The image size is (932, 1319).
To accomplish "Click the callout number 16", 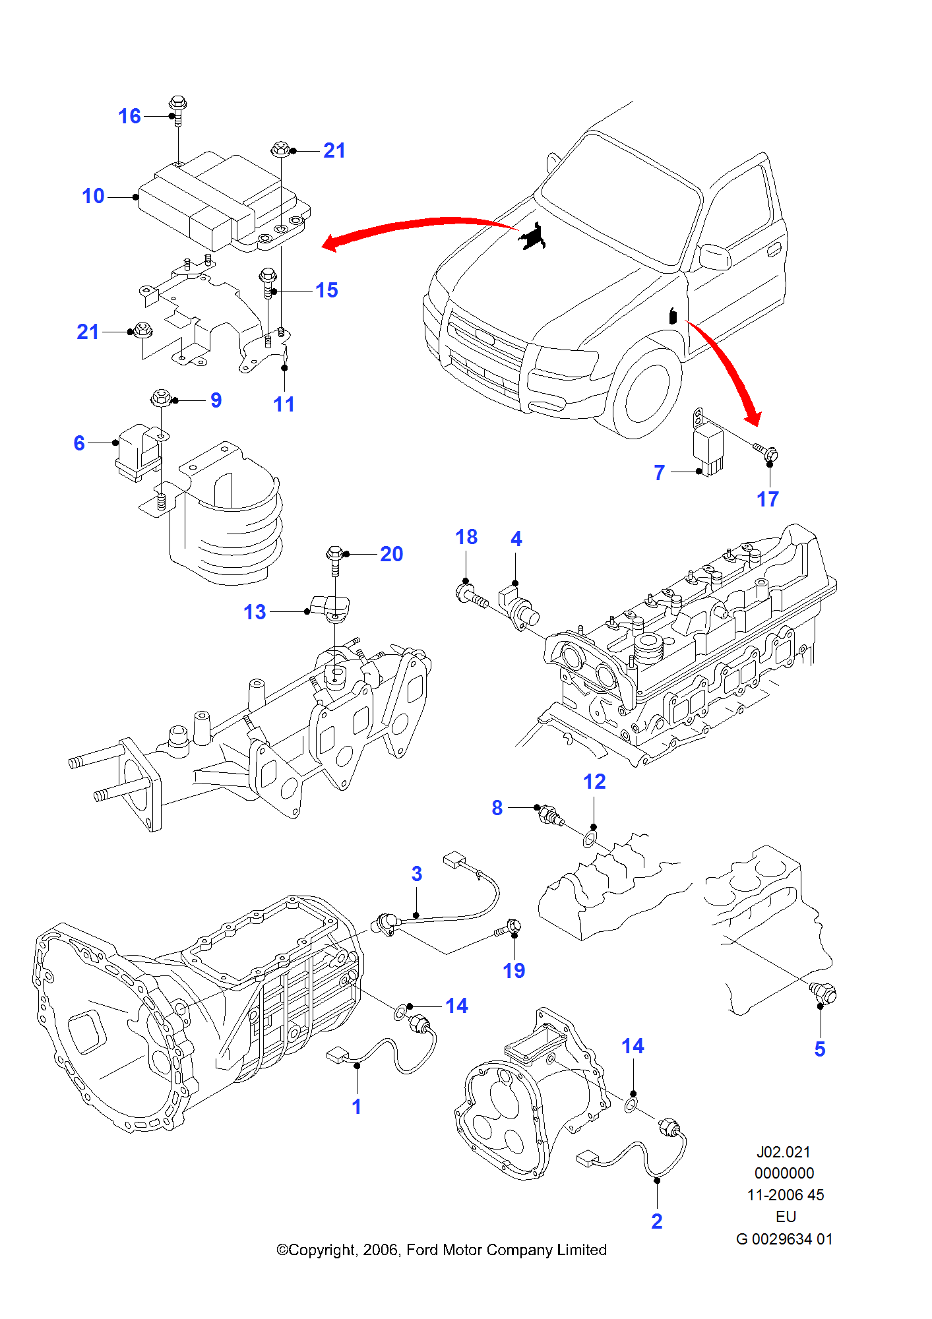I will [x=129, y=117].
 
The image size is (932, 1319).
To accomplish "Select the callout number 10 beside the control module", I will [x=93, y=197].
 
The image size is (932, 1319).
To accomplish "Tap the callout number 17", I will [x=767, y=499].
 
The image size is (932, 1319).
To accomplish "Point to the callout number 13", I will [x=255, y=612].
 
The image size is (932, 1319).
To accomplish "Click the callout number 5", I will [x=820, y=1049].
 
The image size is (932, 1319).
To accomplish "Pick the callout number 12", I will [x=594, y=782].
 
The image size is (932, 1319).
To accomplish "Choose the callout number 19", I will [x=514, y=971].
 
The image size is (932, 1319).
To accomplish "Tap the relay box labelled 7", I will [x=708, y=448].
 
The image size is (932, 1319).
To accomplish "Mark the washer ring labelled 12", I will [x=590, y=840].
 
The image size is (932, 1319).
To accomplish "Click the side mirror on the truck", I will [x=715, y=257].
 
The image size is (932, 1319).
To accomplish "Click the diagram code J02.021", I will [x=783, y=1152].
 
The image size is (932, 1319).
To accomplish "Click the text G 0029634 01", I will [x=784, y=1239].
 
